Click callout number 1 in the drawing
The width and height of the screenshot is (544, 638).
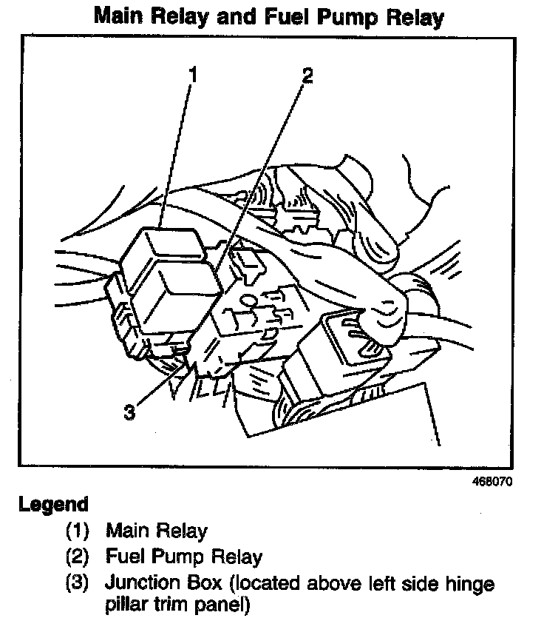(191, 74)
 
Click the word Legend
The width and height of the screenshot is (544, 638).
(54, 505)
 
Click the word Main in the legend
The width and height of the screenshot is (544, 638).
(127, 530)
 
